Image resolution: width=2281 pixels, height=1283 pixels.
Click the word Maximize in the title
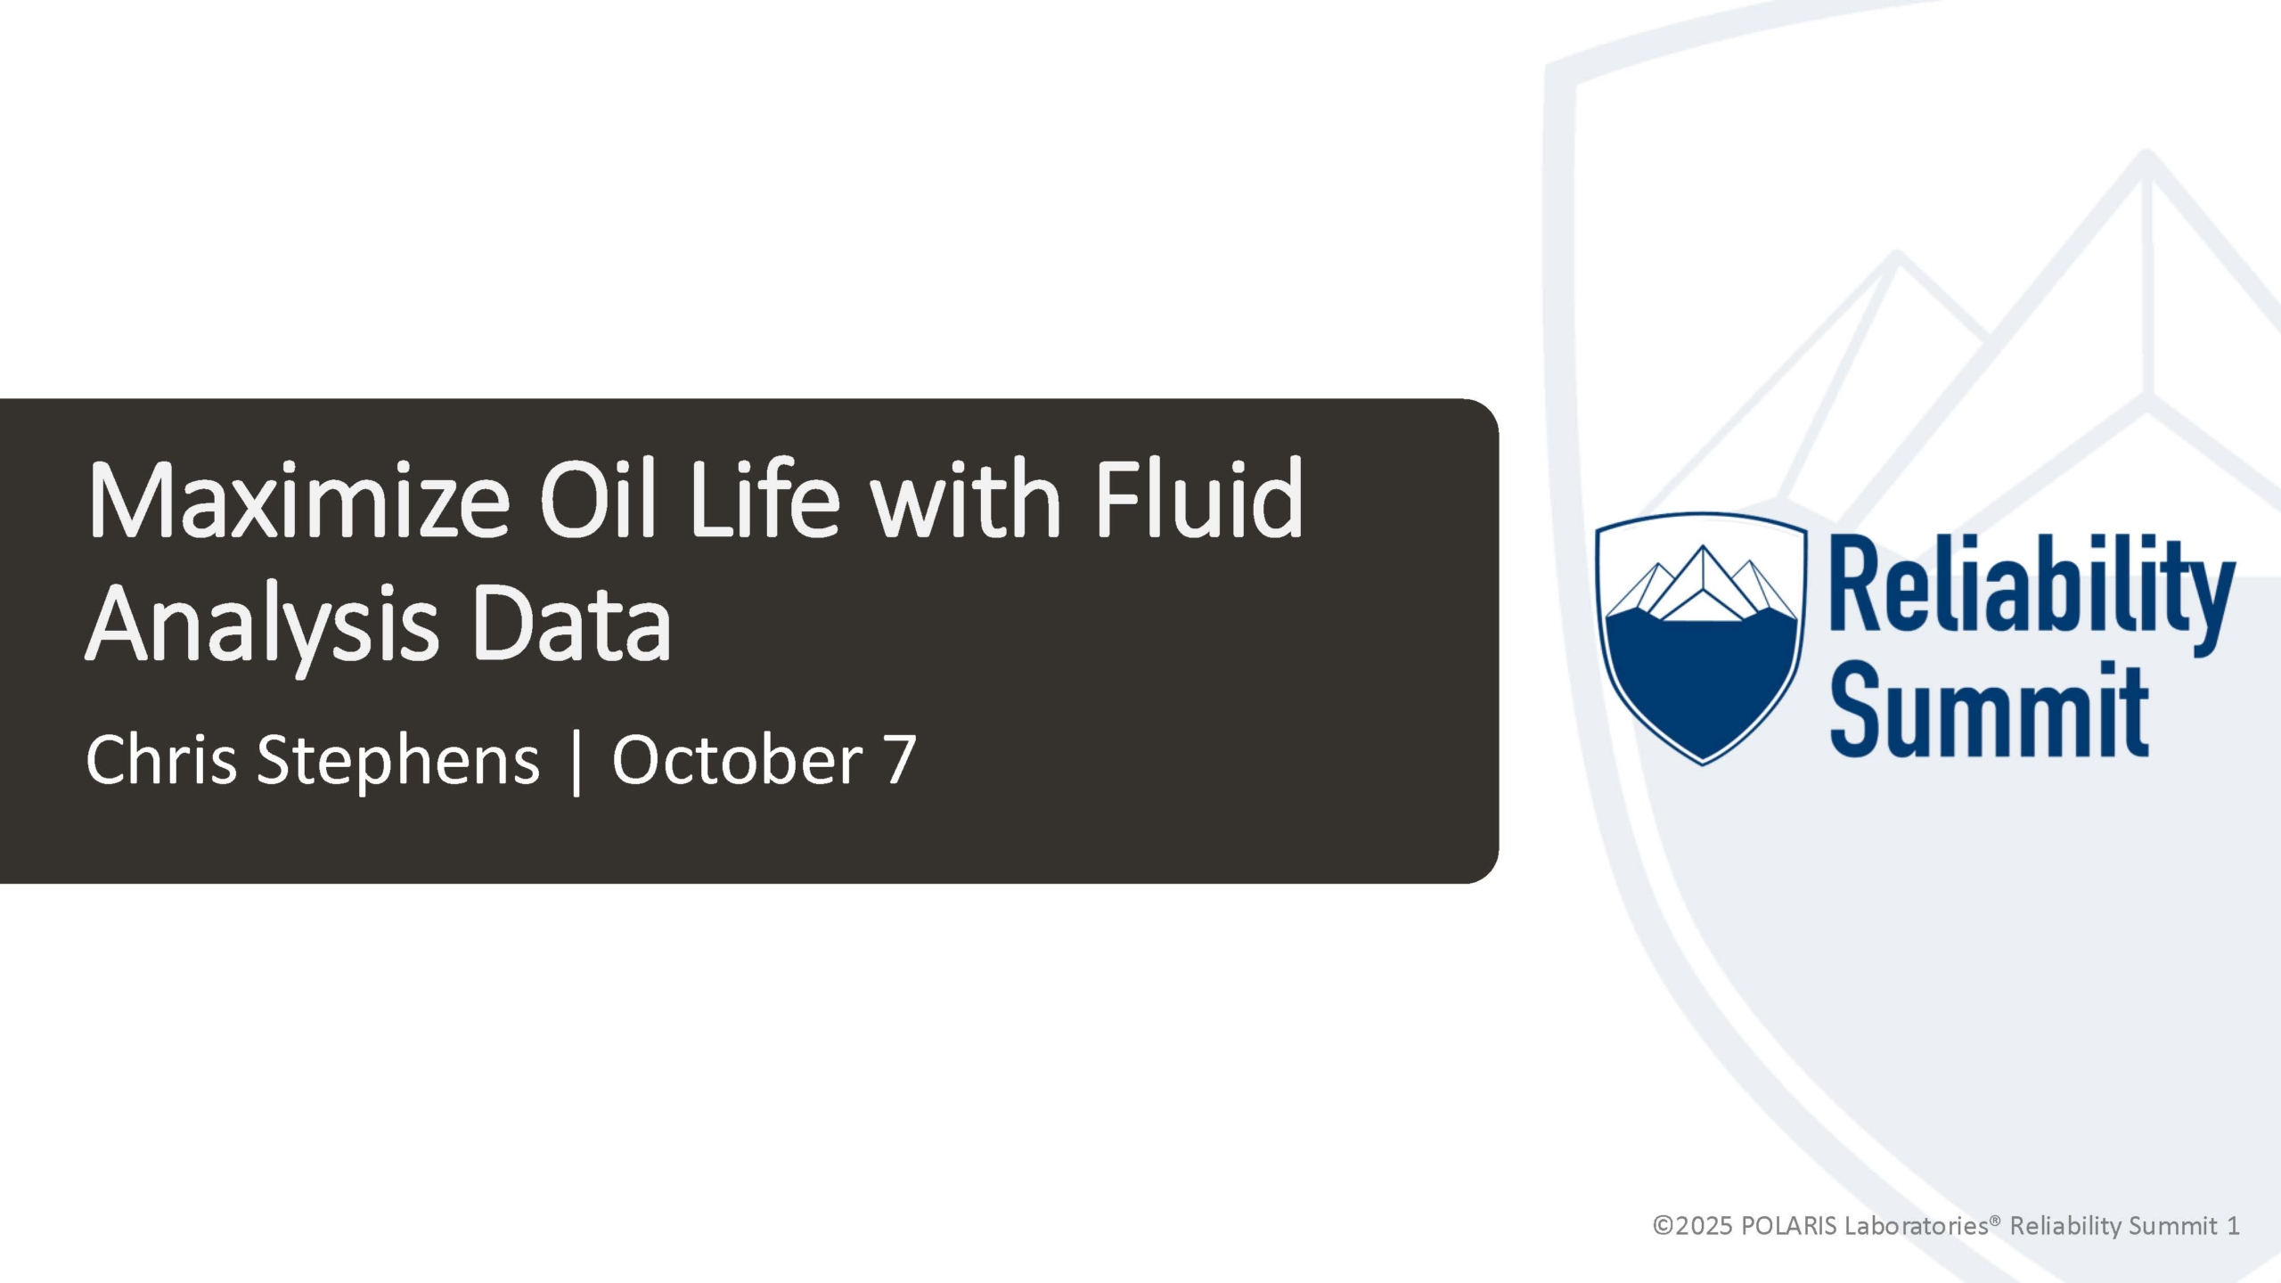[x=298, y=500]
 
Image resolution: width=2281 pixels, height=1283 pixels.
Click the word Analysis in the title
[x=263, y=627]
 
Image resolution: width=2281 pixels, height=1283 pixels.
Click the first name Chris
[x=161, y=759]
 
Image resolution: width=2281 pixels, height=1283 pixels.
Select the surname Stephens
[x=398, y=763]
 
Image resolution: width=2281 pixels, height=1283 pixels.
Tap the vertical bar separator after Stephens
[x=576, y=763]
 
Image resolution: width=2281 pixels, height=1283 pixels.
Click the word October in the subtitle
[x=736, y=759]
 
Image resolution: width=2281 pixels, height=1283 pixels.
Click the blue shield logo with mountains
[x=1701, y=638]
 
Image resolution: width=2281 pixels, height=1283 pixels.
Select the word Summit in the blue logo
[x=1990, y=710]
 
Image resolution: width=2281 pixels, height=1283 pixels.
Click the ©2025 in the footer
[x=1692, y=1226]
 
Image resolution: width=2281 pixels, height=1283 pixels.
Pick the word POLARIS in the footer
[x=1787, y=1226]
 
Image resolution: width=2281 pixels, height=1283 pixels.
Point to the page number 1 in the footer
[x=2232, y=1227]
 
